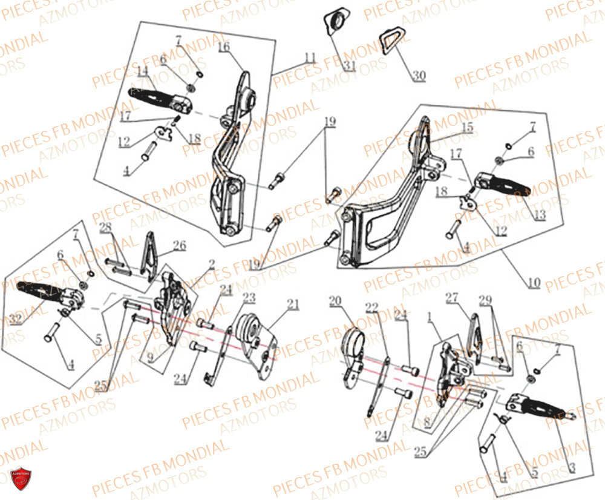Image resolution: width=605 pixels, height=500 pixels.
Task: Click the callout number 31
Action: click(348, 65)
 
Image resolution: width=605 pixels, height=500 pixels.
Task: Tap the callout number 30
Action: click(419, 76)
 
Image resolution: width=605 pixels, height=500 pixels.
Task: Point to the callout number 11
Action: click(310, 58)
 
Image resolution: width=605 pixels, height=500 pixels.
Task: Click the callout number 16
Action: click(223, 47)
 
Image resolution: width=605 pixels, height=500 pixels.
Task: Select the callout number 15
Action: click(467, 127)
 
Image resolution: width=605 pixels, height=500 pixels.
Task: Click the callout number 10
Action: click(533, 283)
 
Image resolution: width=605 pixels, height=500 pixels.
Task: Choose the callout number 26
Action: click(179, 245)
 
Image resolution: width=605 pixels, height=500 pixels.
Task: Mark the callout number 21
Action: click(293, 304)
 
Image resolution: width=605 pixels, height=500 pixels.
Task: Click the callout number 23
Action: click(249, 297)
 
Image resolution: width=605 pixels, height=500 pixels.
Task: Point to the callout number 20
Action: click(335, 300)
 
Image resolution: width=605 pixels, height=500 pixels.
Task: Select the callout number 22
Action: click(371, 307)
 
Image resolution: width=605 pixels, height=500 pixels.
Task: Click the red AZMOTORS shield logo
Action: click(20, 477)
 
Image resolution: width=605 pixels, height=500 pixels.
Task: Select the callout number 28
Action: click(106, 227)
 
